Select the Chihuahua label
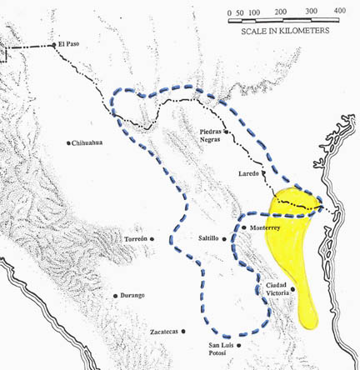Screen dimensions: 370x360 click(x=89, y=143)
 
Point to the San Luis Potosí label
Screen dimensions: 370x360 click(x=219, y=350)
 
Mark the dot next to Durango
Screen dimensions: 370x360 click(x=116, y=296)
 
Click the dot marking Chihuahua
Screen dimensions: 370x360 click(x=68, y=143)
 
